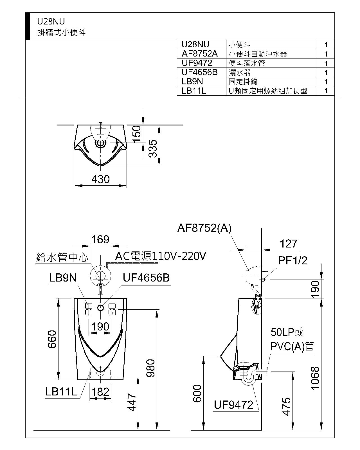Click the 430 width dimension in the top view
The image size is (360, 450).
pyautogui.click(x=100, y=179)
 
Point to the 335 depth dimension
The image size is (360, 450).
pyautogui.click(x=153, y=148)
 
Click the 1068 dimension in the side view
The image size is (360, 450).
pyautogui.click(x=315, y=378)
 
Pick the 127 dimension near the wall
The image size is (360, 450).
pyautogui.click(x=289, y=244)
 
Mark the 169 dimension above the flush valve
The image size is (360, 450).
pyautogui.click(x=100, y=240)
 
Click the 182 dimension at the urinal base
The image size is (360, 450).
pyautogui.click(x=100, y=392)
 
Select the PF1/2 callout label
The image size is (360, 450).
pyautogui.click(x=293, y=260)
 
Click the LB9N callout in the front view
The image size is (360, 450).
pyautogui.click(x=63, y=278)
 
